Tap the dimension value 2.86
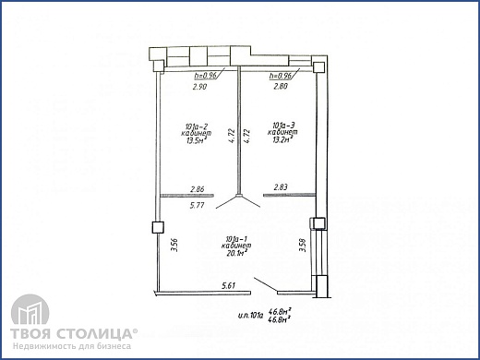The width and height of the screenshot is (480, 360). coord(197,189)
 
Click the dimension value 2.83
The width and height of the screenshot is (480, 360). coord(282,187)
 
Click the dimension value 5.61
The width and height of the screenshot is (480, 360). coord(227,287)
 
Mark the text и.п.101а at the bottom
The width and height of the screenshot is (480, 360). coord(248,313)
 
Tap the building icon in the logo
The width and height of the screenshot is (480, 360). coord(28,316)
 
